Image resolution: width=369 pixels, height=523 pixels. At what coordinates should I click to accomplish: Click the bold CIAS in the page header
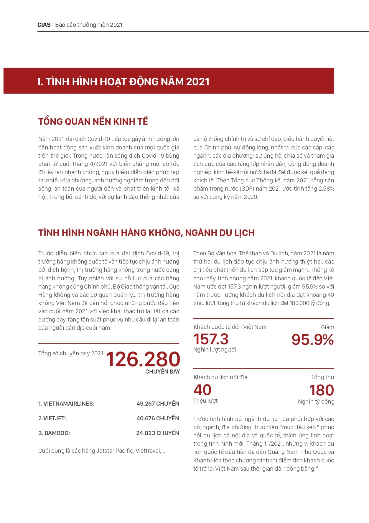pyautogui.click(x=44, y=25)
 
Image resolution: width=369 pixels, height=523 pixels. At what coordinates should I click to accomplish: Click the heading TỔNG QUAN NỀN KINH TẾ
pyautogui.click(x=93, y=121)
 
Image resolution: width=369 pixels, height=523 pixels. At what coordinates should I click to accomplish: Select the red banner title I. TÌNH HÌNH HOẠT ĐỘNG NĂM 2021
pyautogui.click(x=123, y=81)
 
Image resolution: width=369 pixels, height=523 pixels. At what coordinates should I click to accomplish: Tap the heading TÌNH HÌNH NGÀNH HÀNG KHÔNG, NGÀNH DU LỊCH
pyautogui.click(x=146, y=233)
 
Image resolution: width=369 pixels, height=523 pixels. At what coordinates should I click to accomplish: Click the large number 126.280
pyautogui.click(x=143, y=359)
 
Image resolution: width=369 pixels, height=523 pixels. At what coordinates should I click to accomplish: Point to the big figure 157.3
pyautogui.click(x=211, y=339)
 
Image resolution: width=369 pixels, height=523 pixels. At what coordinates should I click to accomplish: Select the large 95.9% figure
pyautogui.click(x=312, y=340)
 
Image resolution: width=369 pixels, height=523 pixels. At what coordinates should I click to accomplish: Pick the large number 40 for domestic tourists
pyautogui.click(x=202, y=390)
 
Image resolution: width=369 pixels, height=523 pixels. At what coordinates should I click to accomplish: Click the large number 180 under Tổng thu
pyautogui.click(x=322, y=390)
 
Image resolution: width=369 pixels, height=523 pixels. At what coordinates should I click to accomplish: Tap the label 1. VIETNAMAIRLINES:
pyautogui.click(x=66, y=404)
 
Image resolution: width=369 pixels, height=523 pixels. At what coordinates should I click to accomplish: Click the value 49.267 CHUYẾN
pyautogui.click(x=158, y=404)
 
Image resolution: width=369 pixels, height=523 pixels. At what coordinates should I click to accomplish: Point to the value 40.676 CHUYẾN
pyautogui.click(x=158, y=418)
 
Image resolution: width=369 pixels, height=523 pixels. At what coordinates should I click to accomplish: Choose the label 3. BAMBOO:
pyautogui.click(x=54, y=433)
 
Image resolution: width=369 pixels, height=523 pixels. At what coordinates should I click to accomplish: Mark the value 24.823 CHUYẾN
pyautogui.click(x=158, y=433)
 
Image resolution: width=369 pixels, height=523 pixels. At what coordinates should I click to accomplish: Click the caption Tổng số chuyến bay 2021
pyautogui.click(x=71, y=353)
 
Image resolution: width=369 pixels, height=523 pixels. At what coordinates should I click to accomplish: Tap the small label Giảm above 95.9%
pyautogui.click(x=327, y=327)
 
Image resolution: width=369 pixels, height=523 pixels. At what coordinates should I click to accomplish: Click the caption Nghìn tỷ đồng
pyautogui.click(x=316, y=402)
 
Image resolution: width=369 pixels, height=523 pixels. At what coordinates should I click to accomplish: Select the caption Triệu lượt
pyautogui.click(x=205, y=401)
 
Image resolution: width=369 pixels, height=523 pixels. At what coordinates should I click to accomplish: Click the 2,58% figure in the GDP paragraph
pyautogui.click(x=326, y=189)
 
